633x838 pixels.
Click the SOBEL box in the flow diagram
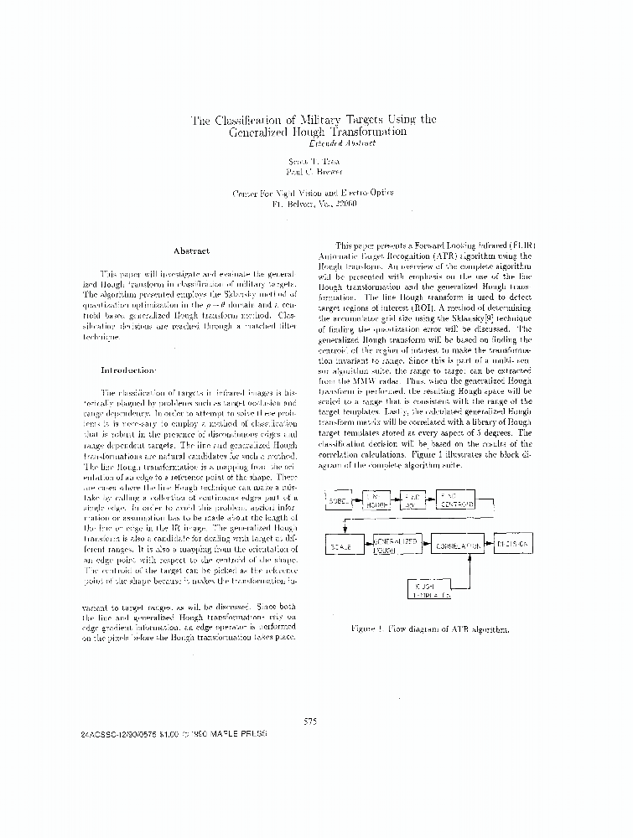(x=340, y=502)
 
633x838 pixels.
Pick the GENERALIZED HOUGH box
(x=397, y=545)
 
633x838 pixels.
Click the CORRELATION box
(x=458, y=546)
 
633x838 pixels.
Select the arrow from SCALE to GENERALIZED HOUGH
(x=370, y=546)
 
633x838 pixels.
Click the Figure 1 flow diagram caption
(x=429, y=628)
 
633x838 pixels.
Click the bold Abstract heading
(x=190, y=251)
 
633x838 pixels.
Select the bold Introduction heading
(x=128, y=370)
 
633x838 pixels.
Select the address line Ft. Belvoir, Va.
(x=309, y=204)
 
